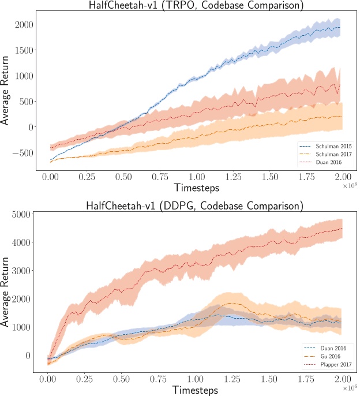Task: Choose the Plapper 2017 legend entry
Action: click(327, 365)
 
